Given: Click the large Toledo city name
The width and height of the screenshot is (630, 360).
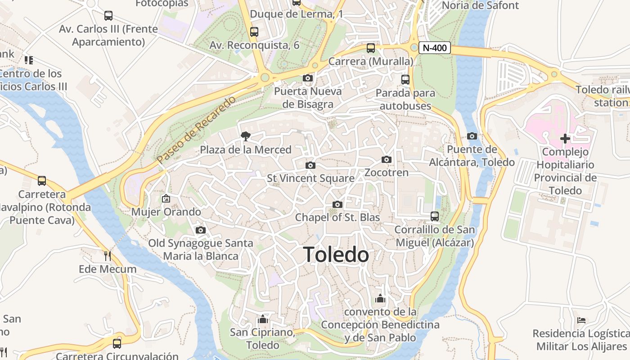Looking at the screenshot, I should pyautogui.click(x=336, y=255).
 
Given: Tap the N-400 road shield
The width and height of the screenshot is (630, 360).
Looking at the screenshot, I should pyautogui.click(x=434, y=48).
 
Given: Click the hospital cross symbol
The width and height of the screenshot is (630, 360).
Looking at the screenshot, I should pyautogui.click(x=565, y=139).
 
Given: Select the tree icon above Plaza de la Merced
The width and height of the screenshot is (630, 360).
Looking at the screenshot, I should pyautogui.click(x=246, y=136).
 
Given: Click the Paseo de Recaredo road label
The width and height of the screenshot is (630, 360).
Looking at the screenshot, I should pyautogui.click(x=196, y=130).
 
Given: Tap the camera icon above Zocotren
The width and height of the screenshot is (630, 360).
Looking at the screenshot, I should pyautogui.click(x=386, y=159).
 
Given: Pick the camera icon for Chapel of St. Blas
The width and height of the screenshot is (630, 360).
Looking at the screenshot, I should pyautogui.click(x=337, y=205).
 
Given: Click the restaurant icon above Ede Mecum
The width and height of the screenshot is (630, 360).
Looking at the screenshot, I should pyautogui.click(x=107, y=256).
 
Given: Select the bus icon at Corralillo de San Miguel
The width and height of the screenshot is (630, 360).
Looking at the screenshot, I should pyautogui.click(x=434, y=216).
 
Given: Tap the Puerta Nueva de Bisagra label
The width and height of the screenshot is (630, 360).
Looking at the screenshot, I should pyautogui.click(x=308, y=98).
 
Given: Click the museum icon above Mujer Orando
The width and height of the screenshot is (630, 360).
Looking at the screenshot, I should pyautogui.click(x=166, y=198).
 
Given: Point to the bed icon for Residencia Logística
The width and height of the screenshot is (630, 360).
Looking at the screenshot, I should pyautogui.click(x=581, y=320).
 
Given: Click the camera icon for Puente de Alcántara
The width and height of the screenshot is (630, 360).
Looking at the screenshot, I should pyautogui.click(x=472, y=136).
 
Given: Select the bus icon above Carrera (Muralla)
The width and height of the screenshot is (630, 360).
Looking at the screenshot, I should pyautogui.click(x=370, y=48).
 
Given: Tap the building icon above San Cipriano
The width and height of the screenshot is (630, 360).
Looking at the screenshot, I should pyautogui.click(x=262, y=319).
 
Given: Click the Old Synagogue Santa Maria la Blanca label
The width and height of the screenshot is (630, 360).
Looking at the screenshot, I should pyautogui.click(x=201, y=250).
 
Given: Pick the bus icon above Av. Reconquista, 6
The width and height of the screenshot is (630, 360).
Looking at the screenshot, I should pyautogui.click(x=254, y=32).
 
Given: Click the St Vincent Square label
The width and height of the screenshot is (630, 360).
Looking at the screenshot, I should pyautogui.click(x=310, y=178).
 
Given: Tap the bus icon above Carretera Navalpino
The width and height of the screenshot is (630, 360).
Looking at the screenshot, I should pyautogui.click(x=42, y=181).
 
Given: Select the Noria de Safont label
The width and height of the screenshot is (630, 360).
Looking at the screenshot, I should pyautogui.click(x=481, y=5).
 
